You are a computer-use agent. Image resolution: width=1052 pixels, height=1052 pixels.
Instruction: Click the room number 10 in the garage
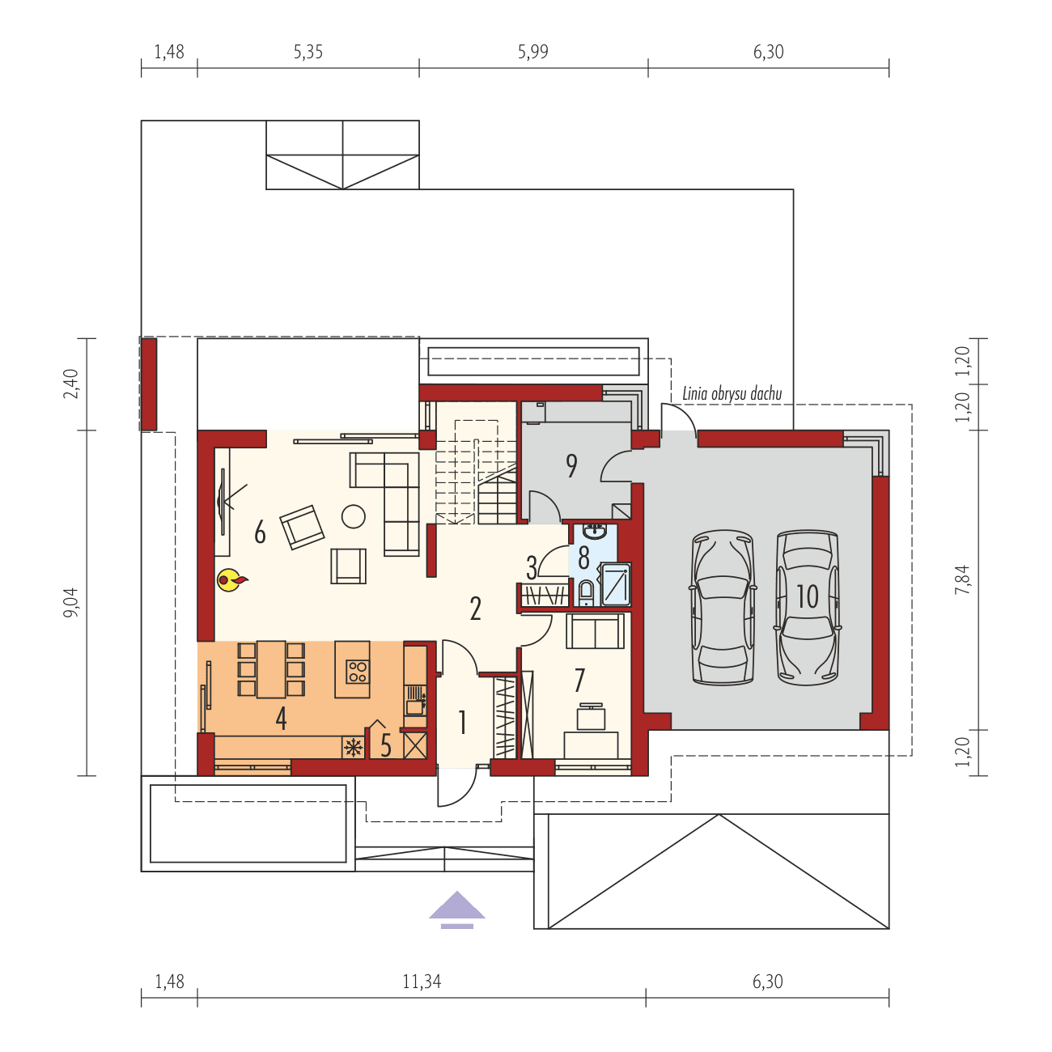(808, 596)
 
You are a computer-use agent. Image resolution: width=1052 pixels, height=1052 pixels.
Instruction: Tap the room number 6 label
(260, 533)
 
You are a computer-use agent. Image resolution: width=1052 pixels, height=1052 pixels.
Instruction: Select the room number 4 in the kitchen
(281, 718)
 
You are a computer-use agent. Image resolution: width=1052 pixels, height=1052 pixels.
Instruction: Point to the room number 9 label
(571, 466)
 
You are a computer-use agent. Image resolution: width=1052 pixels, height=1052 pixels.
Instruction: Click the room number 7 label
(579, 681)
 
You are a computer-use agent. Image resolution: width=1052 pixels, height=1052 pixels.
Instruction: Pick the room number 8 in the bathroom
(583, 558)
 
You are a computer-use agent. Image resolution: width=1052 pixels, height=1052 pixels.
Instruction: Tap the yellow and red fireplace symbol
(231, 579)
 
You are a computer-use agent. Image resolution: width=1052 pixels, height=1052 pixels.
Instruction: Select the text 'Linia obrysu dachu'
(732, 394)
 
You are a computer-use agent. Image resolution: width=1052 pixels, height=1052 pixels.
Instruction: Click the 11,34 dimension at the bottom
(421, 982)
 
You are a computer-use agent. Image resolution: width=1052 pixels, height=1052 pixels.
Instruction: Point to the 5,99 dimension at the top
(532, 52)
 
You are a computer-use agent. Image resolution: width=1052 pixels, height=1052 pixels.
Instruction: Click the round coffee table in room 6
(354, 515)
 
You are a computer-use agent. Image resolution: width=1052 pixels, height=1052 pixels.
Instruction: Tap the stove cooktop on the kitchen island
(357, 671)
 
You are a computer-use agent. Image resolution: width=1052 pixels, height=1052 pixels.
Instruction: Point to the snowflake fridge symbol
(354, 747)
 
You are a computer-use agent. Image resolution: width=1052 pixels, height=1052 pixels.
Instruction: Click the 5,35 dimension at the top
(308, 52)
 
